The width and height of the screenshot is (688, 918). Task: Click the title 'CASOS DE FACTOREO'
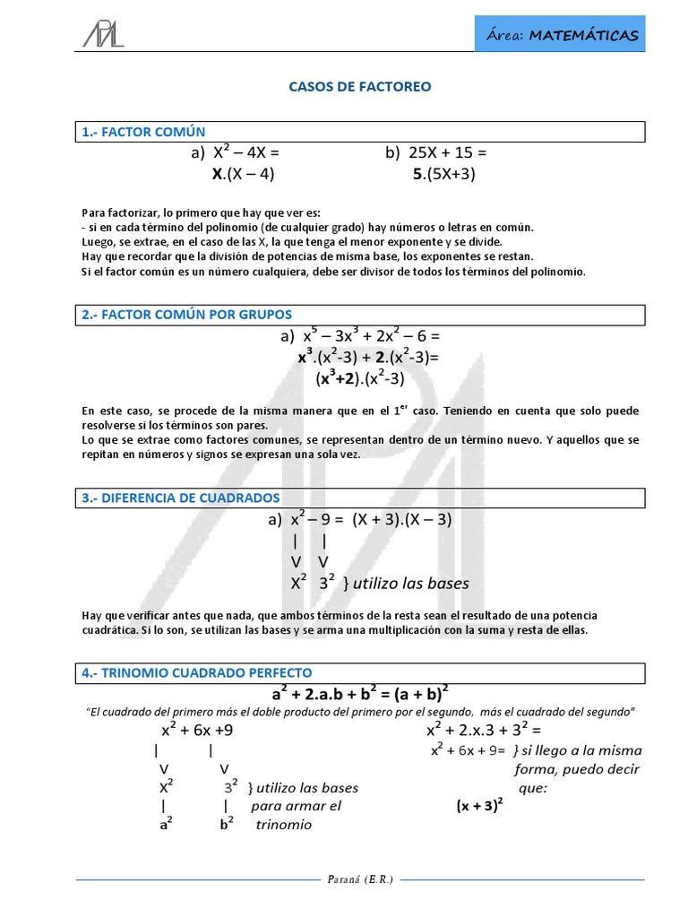tap(359, 87)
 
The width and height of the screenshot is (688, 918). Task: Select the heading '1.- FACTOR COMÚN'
tap(143, 132)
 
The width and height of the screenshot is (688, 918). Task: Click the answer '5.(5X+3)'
tap(444, 174)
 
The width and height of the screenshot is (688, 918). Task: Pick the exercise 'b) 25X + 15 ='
tap(436, 152)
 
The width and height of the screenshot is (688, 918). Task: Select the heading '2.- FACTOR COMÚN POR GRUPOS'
tap(186, 315)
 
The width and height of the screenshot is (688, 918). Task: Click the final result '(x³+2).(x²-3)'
tap(360, 378)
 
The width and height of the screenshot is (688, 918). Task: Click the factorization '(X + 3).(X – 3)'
tap(401, 519)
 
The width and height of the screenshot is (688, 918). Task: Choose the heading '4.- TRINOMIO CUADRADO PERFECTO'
tap(196, 671)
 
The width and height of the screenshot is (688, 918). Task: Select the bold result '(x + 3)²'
tap(479, 805)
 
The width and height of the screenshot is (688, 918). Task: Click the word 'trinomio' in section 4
tap(284, 825)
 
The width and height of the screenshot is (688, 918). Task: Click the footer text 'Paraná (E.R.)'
tap(359, 879)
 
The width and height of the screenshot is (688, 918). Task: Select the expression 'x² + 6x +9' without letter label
tap(197, 730)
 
